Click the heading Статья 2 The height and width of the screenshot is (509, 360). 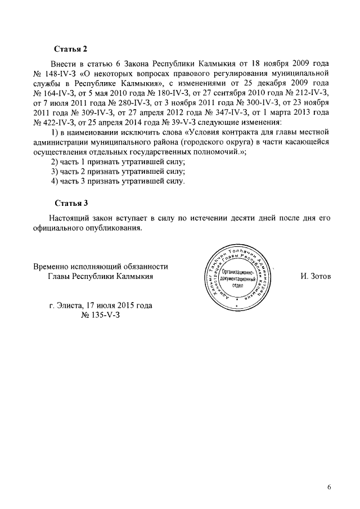(x=71, y=49)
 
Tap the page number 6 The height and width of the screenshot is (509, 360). (x=329, y=487)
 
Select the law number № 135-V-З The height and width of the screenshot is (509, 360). (x=101, y=315)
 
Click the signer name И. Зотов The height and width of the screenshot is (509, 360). (x=317, y=277)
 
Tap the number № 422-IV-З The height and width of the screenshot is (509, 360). (x=54, y=121)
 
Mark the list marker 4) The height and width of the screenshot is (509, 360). (x=55, y=182)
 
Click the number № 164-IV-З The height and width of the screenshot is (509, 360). (x=54, y=92)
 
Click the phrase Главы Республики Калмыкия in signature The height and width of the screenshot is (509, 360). (x=101, y=276)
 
